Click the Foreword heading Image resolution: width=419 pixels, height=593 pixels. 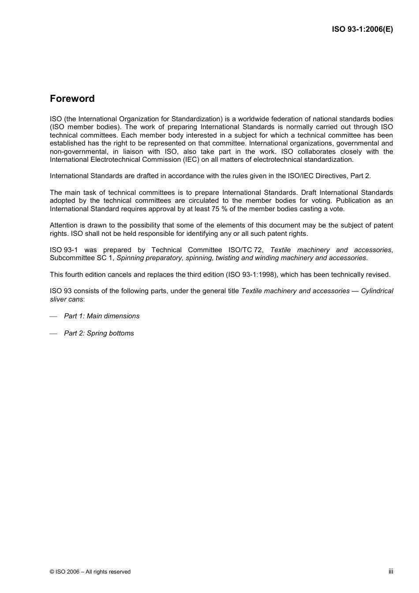[72, 99]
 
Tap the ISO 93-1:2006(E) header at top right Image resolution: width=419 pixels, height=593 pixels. [362, 30]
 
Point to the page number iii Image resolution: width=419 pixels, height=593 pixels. [391, 571]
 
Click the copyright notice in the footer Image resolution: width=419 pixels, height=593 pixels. [90, 572]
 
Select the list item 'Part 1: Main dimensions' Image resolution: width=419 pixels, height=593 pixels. [101, 316]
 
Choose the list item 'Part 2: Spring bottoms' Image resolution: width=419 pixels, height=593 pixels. [99, 333]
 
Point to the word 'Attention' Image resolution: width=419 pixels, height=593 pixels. [64, 225]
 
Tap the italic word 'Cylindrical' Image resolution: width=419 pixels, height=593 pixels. [377, 291]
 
